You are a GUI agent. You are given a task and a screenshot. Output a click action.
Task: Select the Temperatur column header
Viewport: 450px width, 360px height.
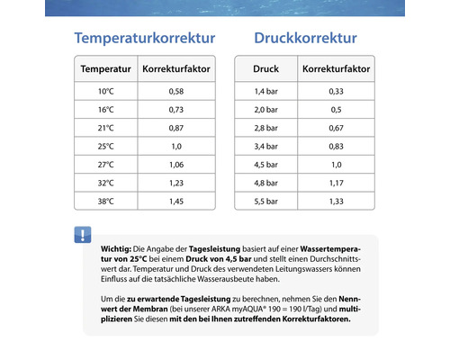click(106, 69)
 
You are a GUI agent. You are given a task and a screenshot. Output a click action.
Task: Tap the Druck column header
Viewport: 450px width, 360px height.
click(265, 69)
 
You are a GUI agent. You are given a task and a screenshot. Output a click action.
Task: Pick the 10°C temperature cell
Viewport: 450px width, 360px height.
click(106, 91)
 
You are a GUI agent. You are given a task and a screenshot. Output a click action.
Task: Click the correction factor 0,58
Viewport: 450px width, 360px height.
click(176, 91)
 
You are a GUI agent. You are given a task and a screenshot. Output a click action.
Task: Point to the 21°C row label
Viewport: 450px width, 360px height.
click(106, 128)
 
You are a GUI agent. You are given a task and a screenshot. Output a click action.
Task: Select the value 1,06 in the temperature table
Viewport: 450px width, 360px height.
click(176, 165)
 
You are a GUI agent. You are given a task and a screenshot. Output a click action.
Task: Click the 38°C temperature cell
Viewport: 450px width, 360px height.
click(106, 201)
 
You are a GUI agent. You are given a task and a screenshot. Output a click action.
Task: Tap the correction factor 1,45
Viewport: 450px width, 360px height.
click(176, 201)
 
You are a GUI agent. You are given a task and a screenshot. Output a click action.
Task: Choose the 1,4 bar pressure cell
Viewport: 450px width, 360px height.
click(265, 91)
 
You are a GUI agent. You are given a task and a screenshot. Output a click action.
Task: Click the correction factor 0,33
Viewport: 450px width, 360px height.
click(337, 91)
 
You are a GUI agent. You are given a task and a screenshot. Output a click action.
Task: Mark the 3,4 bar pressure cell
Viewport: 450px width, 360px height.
click(265, 146)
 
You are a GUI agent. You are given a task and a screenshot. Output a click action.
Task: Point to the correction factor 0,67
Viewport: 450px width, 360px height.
click(337, 128)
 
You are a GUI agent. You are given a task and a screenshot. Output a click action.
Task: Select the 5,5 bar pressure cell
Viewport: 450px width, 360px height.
click(265, 201)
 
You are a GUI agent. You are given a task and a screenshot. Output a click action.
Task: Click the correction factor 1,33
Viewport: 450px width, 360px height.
click(337, 201)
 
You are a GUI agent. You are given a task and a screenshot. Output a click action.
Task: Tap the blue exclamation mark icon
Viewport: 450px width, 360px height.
click(83, 235)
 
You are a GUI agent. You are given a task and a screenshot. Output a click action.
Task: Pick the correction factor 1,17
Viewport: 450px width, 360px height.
click(337, 183)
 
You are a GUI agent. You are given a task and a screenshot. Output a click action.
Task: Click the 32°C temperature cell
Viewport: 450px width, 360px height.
click(106, 183)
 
